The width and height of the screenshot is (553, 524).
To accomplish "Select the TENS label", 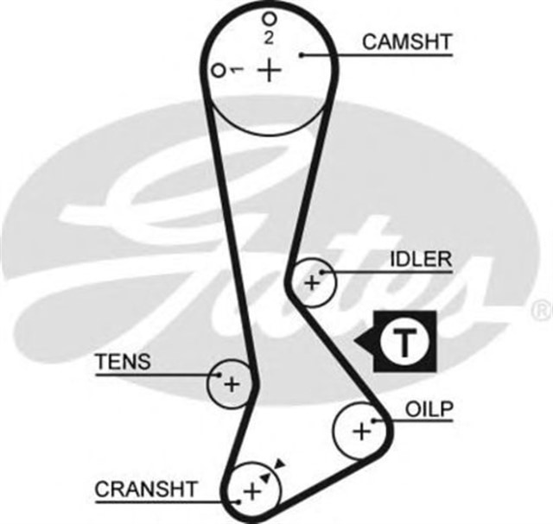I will pos(122,361).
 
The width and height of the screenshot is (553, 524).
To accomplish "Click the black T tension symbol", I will pos(403,343).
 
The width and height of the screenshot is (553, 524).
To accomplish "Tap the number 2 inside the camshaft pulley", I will pos(270,37).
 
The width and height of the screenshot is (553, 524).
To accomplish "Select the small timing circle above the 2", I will pos(270,18).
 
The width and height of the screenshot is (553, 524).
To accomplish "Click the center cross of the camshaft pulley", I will pos(271,69).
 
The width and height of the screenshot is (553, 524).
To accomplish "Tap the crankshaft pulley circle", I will pos(253,489).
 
